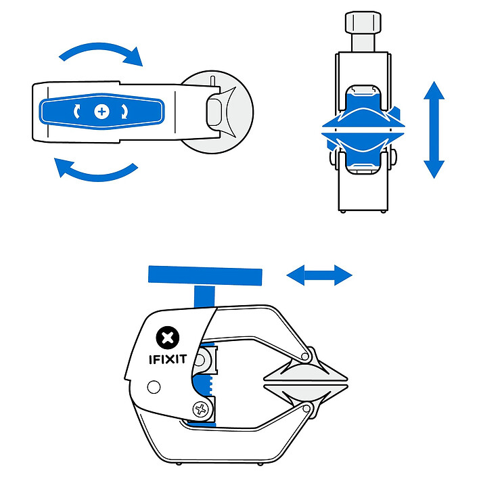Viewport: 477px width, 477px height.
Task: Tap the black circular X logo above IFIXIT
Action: [x=168, y=337]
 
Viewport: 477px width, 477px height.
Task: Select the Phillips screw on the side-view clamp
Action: [x=201, y=409]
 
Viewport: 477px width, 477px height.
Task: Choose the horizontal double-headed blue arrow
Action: [x=319, y=275]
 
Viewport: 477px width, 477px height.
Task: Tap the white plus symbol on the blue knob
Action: [x=102, y=110]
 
